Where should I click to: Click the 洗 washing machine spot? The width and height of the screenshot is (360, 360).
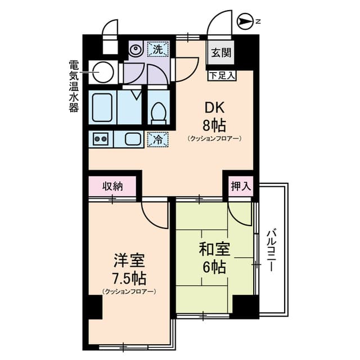(x=157, y=49)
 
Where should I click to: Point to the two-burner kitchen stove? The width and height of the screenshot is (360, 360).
(x=101, y=139)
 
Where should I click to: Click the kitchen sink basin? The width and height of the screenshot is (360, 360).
(x=133, y=139)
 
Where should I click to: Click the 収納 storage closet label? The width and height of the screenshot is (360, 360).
(x=112, y=185)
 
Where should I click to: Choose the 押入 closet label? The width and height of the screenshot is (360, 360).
(x=240, y=185)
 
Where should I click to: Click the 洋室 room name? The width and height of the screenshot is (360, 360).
(x=129, y=262)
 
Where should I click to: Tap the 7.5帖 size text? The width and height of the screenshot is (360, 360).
(x=129, y=277)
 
